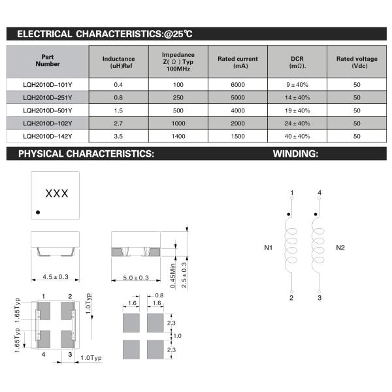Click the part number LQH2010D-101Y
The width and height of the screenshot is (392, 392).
47,85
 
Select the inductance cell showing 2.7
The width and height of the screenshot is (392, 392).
118,123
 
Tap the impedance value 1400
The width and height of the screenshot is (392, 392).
178,136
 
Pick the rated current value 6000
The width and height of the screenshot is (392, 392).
238,85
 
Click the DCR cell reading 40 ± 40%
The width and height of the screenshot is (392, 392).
298,136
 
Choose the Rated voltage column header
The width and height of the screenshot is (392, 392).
357,63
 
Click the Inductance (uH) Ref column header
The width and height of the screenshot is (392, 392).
118,63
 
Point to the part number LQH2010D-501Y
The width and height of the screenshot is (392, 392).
47,110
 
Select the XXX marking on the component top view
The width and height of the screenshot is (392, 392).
56,194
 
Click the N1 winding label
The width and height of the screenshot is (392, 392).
269,248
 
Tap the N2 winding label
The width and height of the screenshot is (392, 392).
340,248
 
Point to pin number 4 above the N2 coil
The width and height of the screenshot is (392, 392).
319,192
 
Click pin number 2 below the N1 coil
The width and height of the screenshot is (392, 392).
291,298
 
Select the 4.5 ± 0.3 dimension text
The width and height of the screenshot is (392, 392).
56,278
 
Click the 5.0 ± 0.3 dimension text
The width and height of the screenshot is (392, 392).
136,278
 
